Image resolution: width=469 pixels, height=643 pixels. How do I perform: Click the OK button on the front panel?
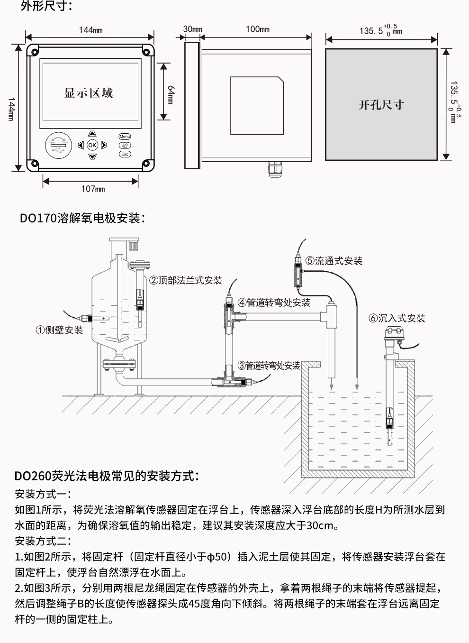click(x=92, y=145)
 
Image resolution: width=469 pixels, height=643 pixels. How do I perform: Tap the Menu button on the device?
click(x=125, y=137)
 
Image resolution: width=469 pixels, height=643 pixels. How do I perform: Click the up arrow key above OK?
click(x=92, y=134)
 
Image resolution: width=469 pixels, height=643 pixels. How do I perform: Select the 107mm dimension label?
click(x=93, y=189)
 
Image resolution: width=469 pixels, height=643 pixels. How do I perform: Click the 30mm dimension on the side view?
click(x=192, y=29)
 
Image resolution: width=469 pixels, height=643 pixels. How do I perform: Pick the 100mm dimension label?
click(x=257, y=29)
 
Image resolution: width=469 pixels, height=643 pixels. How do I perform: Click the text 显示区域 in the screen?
click(x=89, y=93)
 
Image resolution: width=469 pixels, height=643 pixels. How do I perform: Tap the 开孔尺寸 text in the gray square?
click(x=381, y=105)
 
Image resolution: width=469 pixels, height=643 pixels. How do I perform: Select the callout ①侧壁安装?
click(x=59, y=330)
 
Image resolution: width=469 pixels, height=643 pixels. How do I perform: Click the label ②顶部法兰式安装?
click(x=186, y=280)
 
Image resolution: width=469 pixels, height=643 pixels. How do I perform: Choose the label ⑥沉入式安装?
click(x=397, y=318)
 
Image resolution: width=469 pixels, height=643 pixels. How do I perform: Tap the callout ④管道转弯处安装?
click(x=274, y=303)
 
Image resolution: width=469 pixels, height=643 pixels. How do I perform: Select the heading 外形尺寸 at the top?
click(x=46, y=7)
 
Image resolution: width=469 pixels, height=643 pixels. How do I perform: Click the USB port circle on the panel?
click(x=58, y=145)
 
